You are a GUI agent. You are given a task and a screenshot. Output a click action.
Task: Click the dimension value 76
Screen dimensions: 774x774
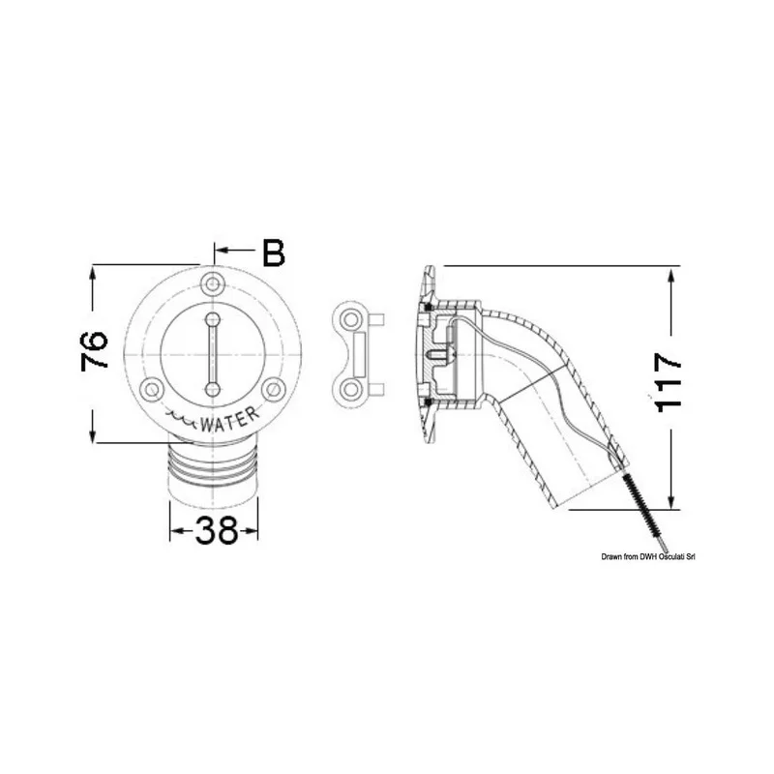94,350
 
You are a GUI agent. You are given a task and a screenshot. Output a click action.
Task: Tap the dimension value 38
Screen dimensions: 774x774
216,530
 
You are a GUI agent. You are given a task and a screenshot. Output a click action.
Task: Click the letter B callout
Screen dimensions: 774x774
274,253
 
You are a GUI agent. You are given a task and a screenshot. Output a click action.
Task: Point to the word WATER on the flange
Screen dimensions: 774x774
229,420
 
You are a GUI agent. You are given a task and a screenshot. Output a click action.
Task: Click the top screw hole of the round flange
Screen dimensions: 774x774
213,283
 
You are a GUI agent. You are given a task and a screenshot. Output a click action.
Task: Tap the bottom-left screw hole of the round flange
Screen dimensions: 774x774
152,390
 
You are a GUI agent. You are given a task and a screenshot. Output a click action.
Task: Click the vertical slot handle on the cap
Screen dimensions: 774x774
213,354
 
